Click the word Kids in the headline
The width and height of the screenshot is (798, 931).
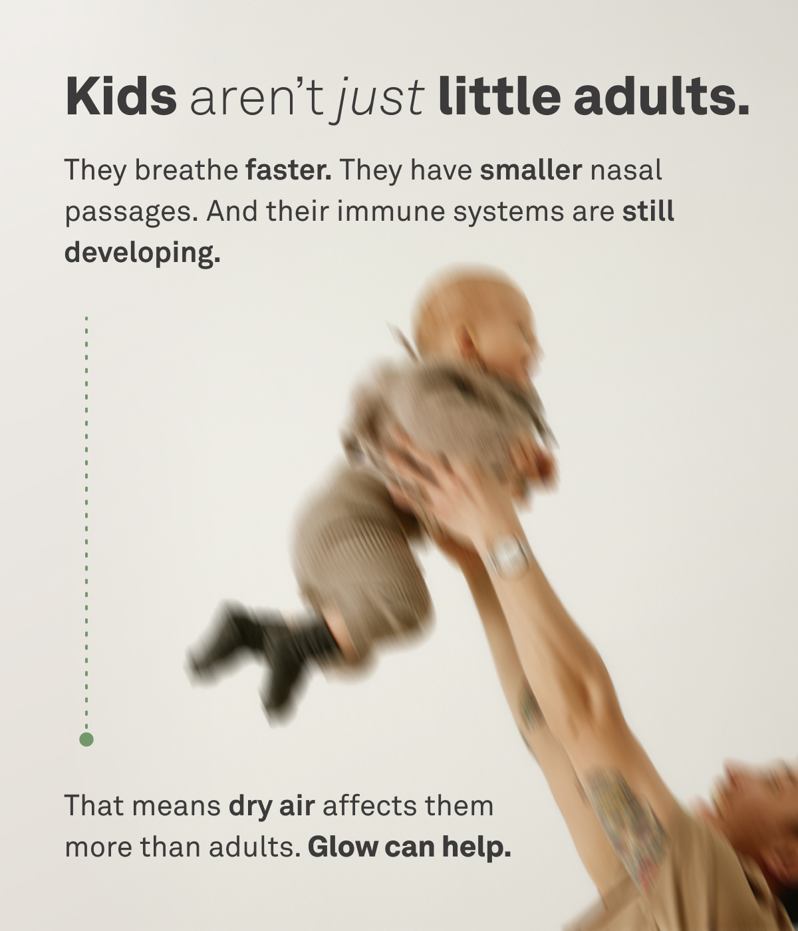[x=121, y=96]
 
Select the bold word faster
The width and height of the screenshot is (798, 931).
[x=288, y=171]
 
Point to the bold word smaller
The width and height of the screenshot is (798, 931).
[x=531, y=171]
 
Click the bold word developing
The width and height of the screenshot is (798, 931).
[x=142, y=253]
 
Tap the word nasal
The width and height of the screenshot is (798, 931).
[x=626, y=171]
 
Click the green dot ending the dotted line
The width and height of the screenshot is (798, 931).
[x=86, y=739]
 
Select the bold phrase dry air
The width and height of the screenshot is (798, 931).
[x=271, y=806]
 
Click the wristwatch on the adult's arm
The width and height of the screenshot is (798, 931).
[x=509, y=555]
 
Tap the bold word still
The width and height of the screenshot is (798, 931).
[x=648, y=211]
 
